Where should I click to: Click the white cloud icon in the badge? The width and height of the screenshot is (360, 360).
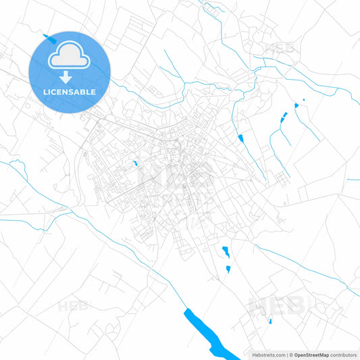70,57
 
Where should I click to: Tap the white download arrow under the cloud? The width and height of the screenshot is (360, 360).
70,77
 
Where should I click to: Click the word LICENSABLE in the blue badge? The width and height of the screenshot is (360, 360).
70,91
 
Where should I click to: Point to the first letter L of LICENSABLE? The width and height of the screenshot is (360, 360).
45,91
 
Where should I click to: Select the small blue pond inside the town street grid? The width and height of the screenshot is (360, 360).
136,163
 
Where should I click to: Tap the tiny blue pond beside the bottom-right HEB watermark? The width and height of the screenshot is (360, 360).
270,321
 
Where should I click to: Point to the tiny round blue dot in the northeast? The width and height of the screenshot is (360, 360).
303,100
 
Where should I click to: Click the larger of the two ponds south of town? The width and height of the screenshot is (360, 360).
226,252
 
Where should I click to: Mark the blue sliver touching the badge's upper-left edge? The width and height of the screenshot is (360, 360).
46,36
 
